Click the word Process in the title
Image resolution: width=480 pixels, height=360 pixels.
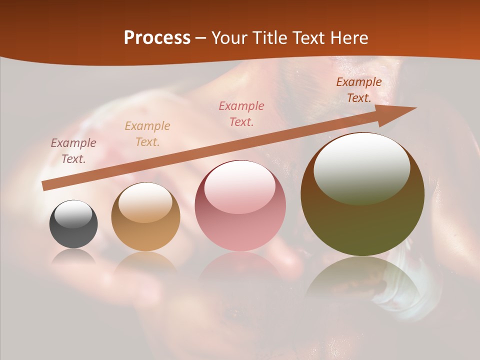click(157, 38)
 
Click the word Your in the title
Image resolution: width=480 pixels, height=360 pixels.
click(230, 38)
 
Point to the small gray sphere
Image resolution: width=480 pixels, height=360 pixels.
click(73, 224)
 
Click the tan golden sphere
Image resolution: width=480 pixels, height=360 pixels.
click(145, 216)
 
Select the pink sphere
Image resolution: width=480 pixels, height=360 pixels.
click(240, 206)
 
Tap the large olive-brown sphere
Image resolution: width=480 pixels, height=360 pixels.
click(362, 194)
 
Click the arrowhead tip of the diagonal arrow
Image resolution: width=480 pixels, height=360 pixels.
click(415, 108)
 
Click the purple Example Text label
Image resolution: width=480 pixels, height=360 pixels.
click(73, 151)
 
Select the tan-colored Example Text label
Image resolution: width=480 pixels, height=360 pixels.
click(147, 134)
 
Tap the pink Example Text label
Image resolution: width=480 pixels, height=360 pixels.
click(241, 114)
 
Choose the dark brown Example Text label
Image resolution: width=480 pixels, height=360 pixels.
click(358, 90)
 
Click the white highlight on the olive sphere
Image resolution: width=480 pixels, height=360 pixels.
click(361, 167)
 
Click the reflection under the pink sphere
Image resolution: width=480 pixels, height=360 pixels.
click(240, 267)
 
